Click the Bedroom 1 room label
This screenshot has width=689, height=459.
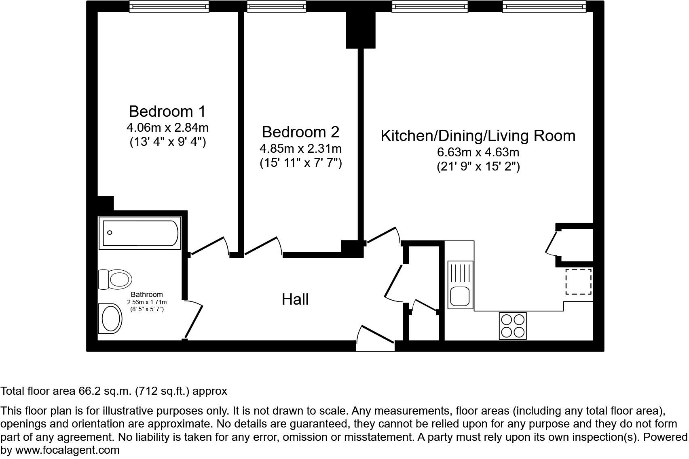(167, 111)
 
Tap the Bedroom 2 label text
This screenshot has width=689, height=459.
(300, 132)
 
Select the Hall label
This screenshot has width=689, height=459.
(295, 299)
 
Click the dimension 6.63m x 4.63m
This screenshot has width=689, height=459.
(478, 153)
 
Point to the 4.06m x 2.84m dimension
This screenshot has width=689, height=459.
(167, 128)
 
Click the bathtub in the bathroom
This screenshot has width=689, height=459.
(140, 233)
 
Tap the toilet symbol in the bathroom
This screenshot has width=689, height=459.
(116, 279)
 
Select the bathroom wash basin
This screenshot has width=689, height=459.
(110, 318)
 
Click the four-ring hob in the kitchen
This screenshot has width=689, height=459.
(513, 326)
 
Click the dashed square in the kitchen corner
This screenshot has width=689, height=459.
(578, 281)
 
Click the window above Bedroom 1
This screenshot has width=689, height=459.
(169, 6)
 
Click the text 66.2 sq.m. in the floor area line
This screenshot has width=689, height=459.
(104, 391)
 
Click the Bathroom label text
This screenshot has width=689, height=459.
(147, 295)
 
